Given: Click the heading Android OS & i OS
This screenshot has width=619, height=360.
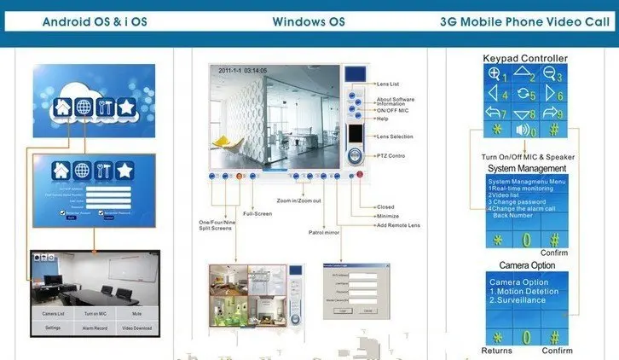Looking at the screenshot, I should (x=94, y=21).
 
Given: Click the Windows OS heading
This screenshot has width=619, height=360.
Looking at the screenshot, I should (x=309, y=21).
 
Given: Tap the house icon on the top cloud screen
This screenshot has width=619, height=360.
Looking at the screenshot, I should (x=61, y=108).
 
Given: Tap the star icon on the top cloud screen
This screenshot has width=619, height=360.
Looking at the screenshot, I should (x=125, y=108).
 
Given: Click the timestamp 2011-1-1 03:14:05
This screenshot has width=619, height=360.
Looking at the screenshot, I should (x=243, y=71).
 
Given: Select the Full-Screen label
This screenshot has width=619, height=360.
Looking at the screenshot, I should (x=257, y=213).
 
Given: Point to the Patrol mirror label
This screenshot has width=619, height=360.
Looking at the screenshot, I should (x=324, y=232).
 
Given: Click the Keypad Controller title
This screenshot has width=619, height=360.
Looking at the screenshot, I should (x=524, y=58).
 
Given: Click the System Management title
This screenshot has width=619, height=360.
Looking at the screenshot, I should (x=527, y=168).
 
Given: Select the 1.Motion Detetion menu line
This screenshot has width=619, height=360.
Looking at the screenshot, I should (x=524, y=291).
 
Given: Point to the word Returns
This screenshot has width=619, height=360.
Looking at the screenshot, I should (x=496, y=351).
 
